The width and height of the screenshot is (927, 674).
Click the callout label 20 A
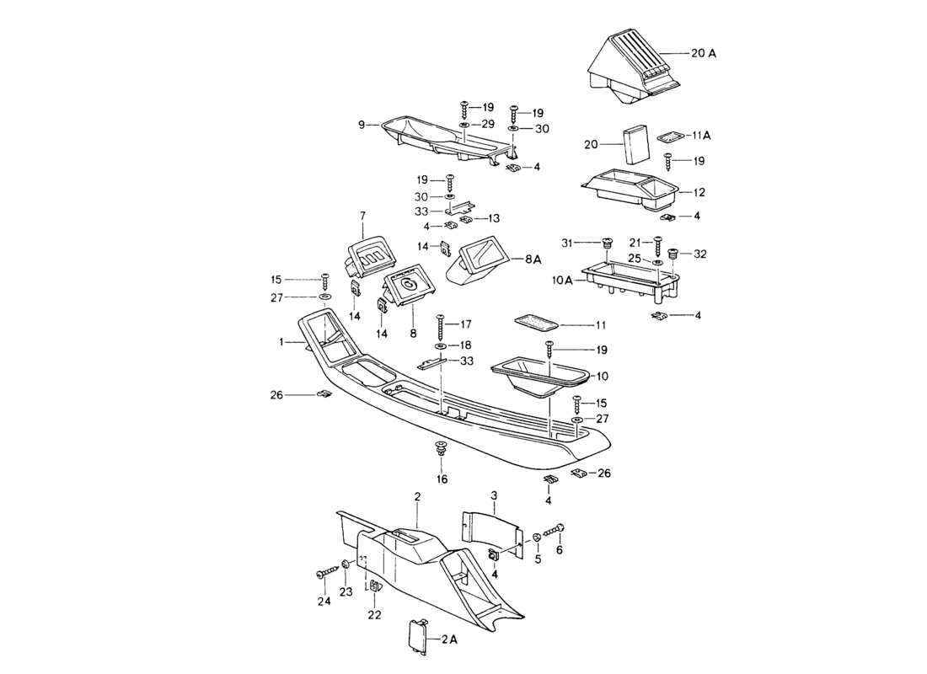[704, 53]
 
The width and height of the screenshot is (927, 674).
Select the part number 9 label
[362, 125]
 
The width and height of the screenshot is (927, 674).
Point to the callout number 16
[442, 479]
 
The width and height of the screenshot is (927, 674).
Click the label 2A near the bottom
[448, 639]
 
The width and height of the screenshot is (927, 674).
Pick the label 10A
[563, 280]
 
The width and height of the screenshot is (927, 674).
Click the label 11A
[702, 135]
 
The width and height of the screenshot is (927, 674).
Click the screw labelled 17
[439, 324]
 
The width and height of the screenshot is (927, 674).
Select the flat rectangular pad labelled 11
[535, 323]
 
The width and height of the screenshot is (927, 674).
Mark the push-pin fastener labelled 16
[441, 449]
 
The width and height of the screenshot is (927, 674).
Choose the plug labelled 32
[673, 253]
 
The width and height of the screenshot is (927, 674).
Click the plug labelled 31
[605, 244]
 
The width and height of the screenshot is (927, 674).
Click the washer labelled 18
[441, 346]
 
